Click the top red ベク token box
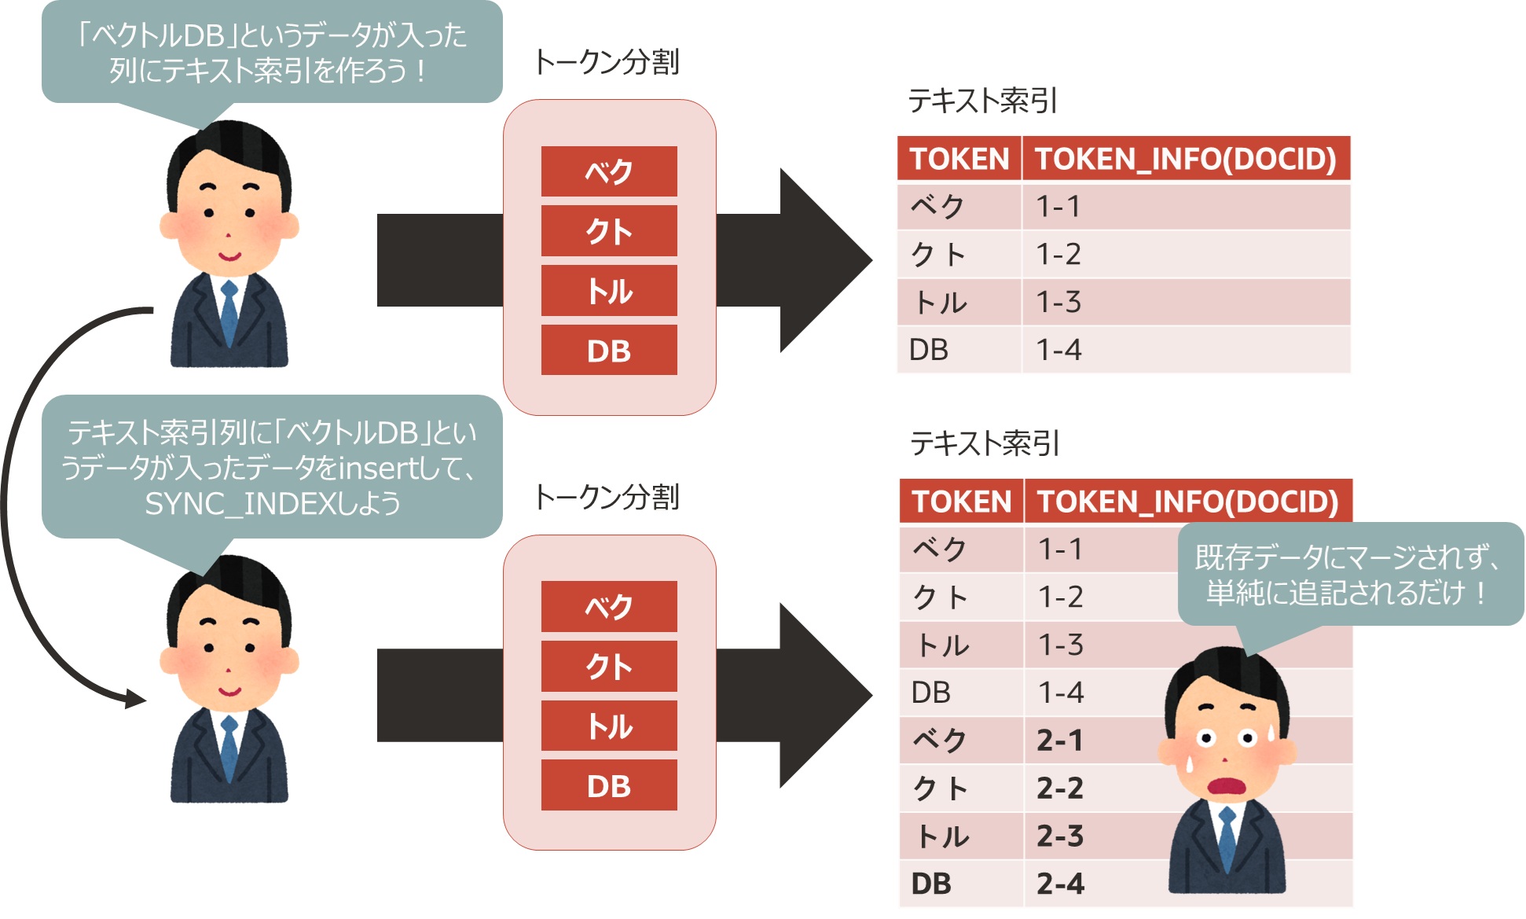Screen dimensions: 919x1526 click(x=609, y=171)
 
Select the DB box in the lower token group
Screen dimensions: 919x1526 click(x=609, y=785)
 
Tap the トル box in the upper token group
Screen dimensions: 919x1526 click(x=609, y=291)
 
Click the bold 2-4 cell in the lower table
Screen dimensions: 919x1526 click(x=1060, y=884)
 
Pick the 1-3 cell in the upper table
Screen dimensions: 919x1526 click(x=1058, y=302)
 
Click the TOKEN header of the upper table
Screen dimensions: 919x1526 click(x=959, y=159)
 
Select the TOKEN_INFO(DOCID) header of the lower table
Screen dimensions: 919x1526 click(x=1187, y=502)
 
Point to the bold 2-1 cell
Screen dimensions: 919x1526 click(x=1060, y=741)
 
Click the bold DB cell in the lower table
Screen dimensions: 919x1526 click(x=931, y=884)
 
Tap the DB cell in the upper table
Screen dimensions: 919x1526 click(x=929, y=350)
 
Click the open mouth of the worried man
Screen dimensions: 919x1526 click(x=1225, y=785)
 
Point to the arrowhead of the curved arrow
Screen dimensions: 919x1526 click(x=135, y=697)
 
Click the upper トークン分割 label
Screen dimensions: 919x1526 click(x=606, y=61)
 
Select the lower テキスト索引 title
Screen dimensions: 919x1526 click(x=985, y=443)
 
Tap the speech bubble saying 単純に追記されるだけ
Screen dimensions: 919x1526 click(x=1349, y=574)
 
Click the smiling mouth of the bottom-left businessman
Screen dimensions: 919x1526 click(x=229, y=692)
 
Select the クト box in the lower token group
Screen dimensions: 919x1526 click(x=609, y=666)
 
